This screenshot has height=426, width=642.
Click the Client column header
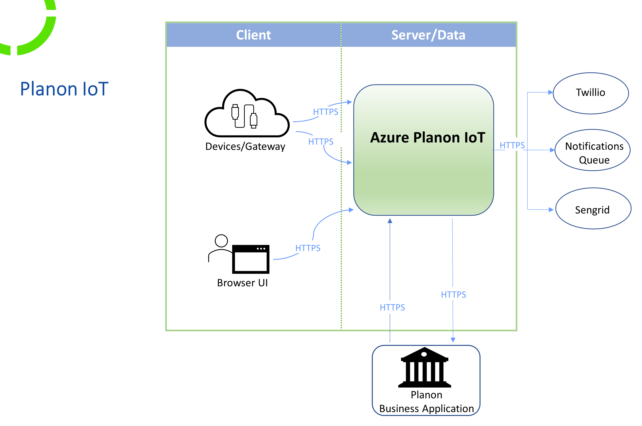(253, 35)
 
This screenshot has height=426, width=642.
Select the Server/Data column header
(428, 35)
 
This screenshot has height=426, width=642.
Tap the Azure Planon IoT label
(428, 137)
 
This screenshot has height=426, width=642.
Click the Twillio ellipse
(590, 93)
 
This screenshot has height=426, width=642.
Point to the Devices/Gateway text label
(245, 146)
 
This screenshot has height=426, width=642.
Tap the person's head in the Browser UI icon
(221, 241)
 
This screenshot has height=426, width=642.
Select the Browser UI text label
(242, 283)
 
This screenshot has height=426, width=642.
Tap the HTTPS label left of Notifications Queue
(512, 145)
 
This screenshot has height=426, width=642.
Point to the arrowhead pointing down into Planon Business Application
(453, 340)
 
